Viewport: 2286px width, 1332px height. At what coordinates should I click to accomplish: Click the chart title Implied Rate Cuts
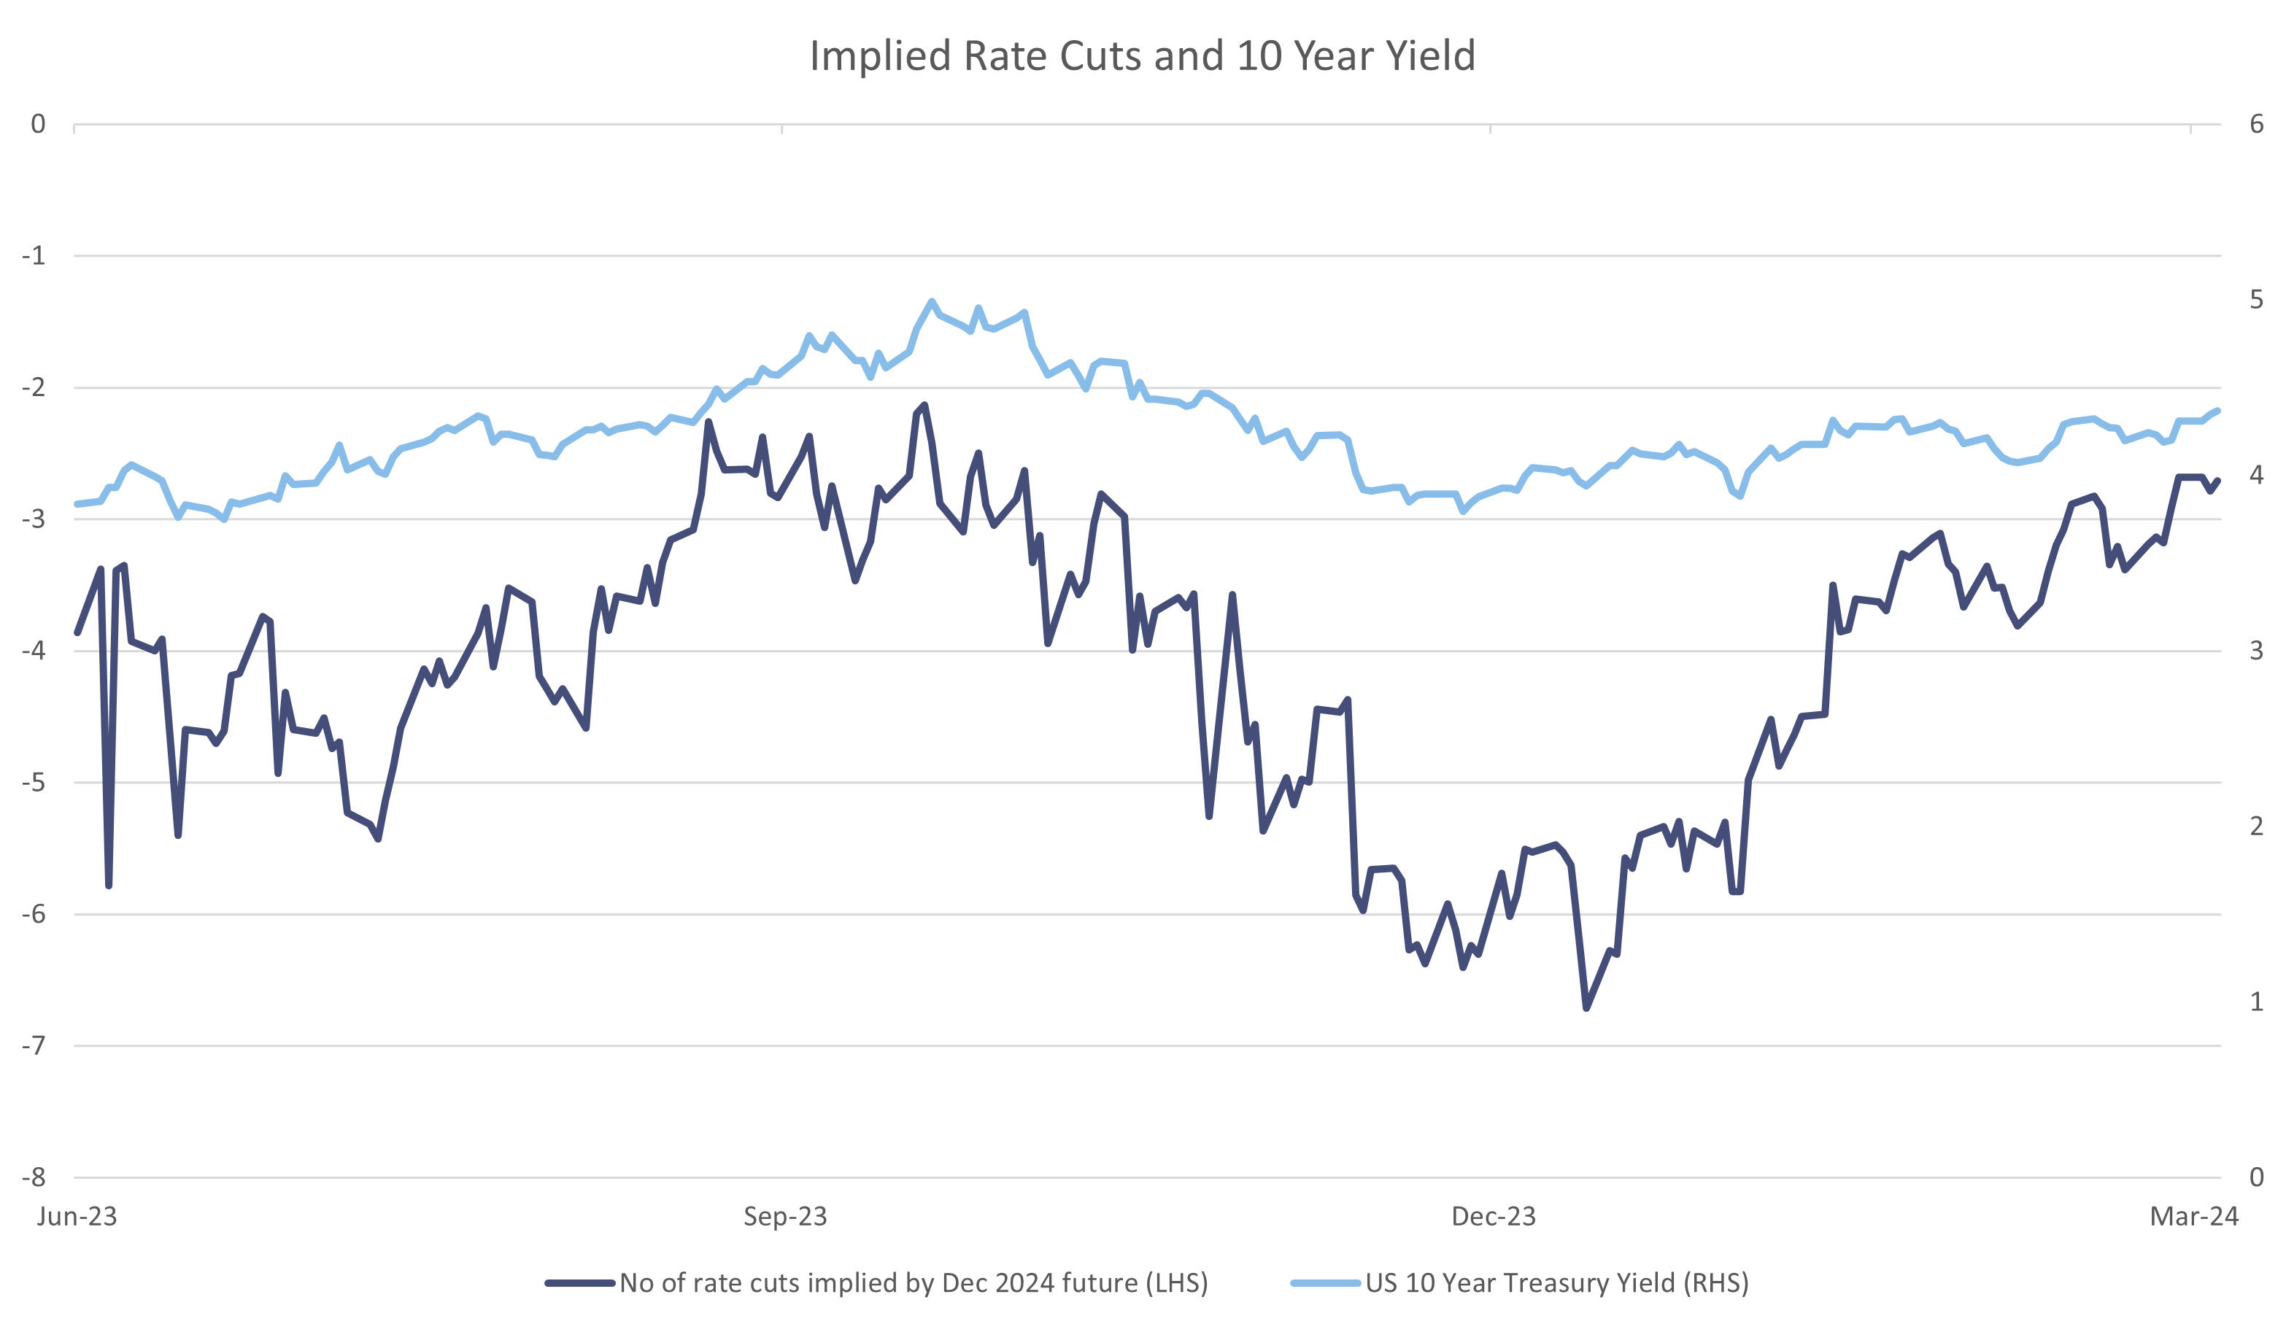coord(1142,55)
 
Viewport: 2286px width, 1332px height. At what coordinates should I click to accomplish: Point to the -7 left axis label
coord(34,1045)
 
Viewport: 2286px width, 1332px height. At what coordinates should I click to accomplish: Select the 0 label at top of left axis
coord(38,124)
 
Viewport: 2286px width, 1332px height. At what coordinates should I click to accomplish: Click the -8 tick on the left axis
coord(34,1177)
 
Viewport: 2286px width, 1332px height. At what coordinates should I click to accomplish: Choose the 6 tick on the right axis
coord(2257,124)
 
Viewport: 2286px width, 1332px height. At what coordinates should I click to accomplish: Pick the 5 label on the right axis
coord(2257,300)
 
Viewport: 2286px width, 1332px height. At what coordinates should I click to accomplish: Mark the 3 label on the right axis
coord(2257,651)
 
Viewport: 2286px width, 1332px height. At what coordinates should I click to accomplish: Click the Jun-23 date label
coord(77,1217)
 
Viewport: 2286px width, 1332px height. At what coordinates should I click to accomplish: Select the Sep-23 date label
coord(784,1217)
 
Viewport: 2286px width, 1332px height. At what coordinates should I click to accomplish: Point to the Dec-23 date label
coord(1493,1217)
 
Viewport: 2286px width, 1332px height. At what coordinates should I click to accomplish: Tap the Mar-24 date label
coord(2194,1217)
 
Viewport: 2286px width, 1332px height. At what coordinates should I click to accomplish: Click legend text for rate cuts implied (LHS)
coord(914,1283)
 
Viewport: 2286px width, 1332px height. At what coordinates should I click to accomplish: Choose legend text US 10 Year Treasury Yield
coord(1556,1283)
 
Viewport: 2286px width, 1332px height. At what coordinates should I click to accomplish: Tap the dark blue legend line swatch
coord(581,1283)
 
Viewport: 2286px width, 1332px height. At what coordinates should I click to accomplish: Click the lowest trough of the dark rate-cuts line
coord(1586,1008)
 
